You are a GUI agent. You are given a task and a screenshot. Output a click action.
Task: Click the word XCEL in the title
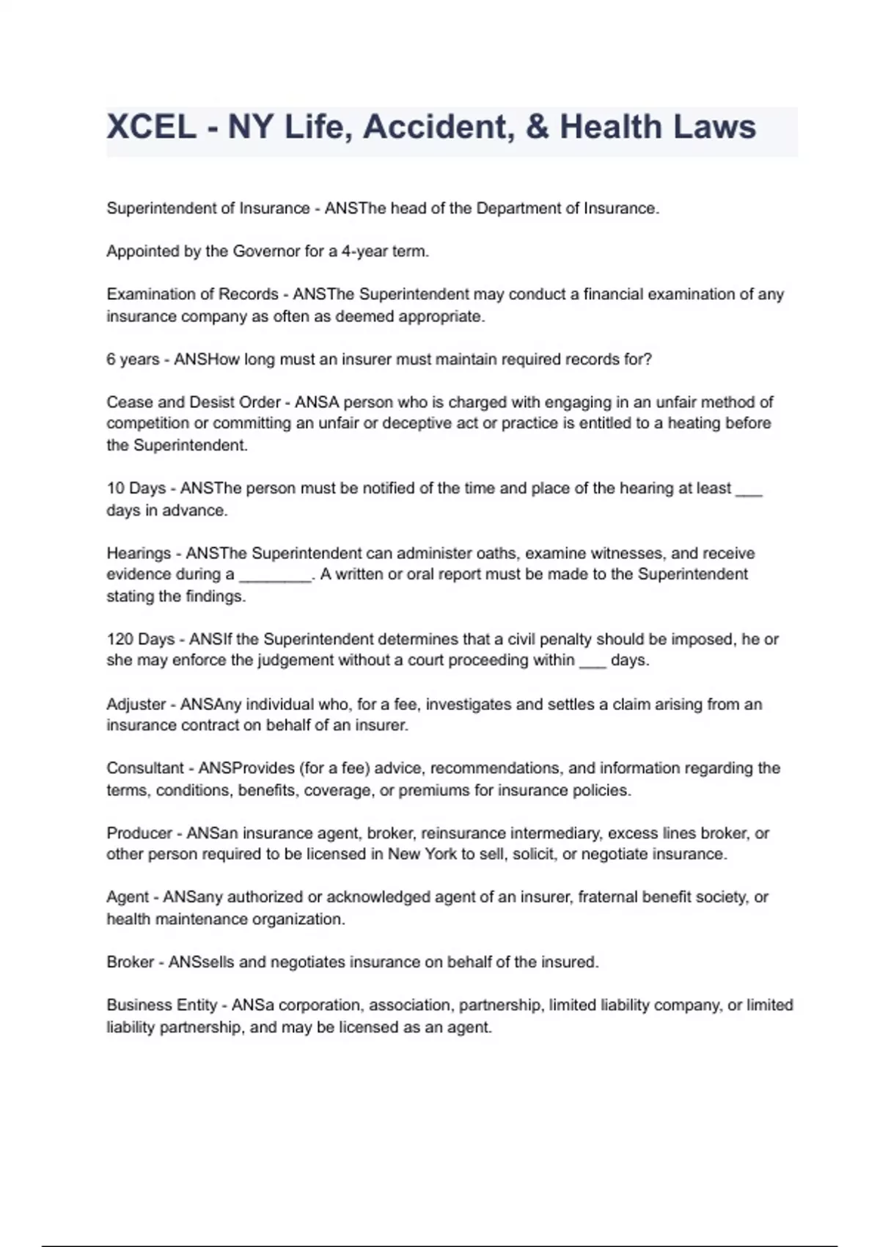tap(151, 128)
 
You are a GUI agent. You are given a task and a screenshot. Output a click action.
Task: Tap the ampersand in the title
tap(537, 128)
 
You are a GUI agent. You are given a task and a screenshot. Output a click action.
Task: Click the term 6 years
tap(133, 359)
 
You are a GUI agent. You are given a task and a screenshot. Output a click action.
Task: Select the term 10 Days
tap(136, 489)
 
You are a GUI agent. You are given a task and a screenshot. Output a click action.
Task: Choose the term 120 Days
tap(140, 639)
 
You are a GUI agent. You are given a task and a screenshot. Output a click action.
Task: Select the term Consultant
tap(145, 768)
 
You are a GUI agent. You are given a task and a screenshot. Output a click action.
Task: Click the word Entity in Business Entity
tap(195, 1005)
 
